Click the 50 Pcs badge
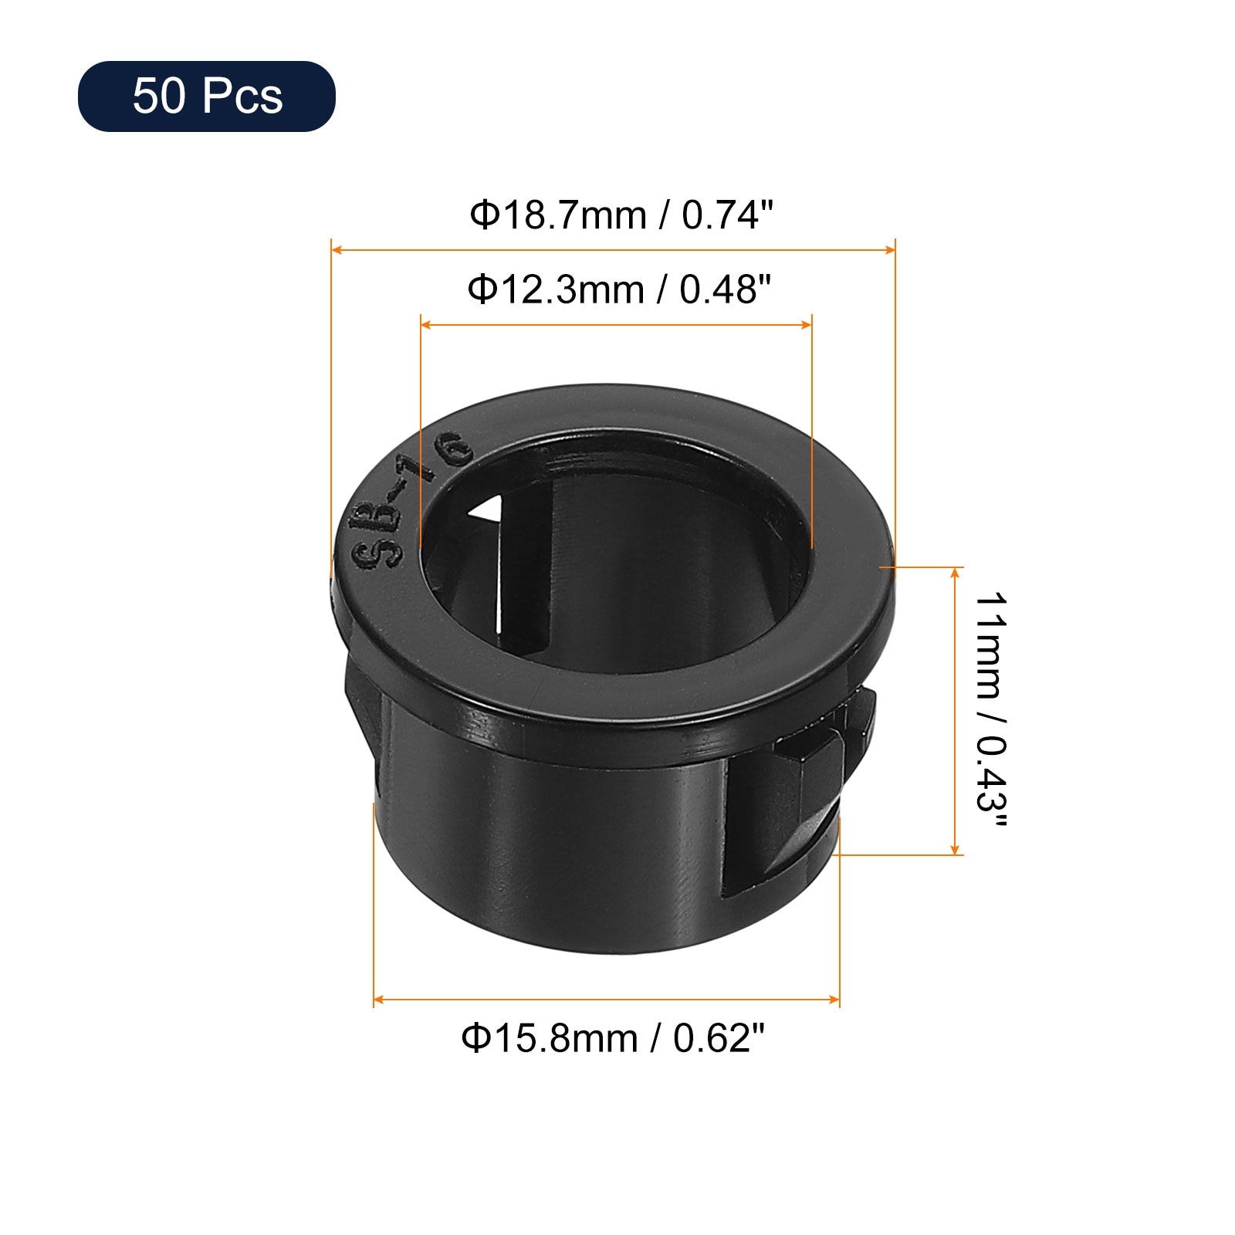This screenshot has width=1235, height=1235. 206,96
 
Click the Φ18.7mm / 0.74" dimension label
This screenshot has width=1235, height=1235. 621,215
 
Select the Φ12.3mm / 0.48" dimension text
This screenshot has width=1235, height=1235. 620,289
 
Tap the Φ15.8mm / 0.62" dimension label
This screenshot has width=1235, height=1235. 614,1038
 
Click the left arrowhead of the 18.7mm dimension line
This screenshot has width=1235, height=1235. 337,249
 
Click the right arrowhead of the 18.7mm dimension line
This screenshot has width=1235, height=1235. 889,249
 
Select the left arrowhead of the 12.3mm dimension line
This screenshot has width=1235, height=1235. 426,325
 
